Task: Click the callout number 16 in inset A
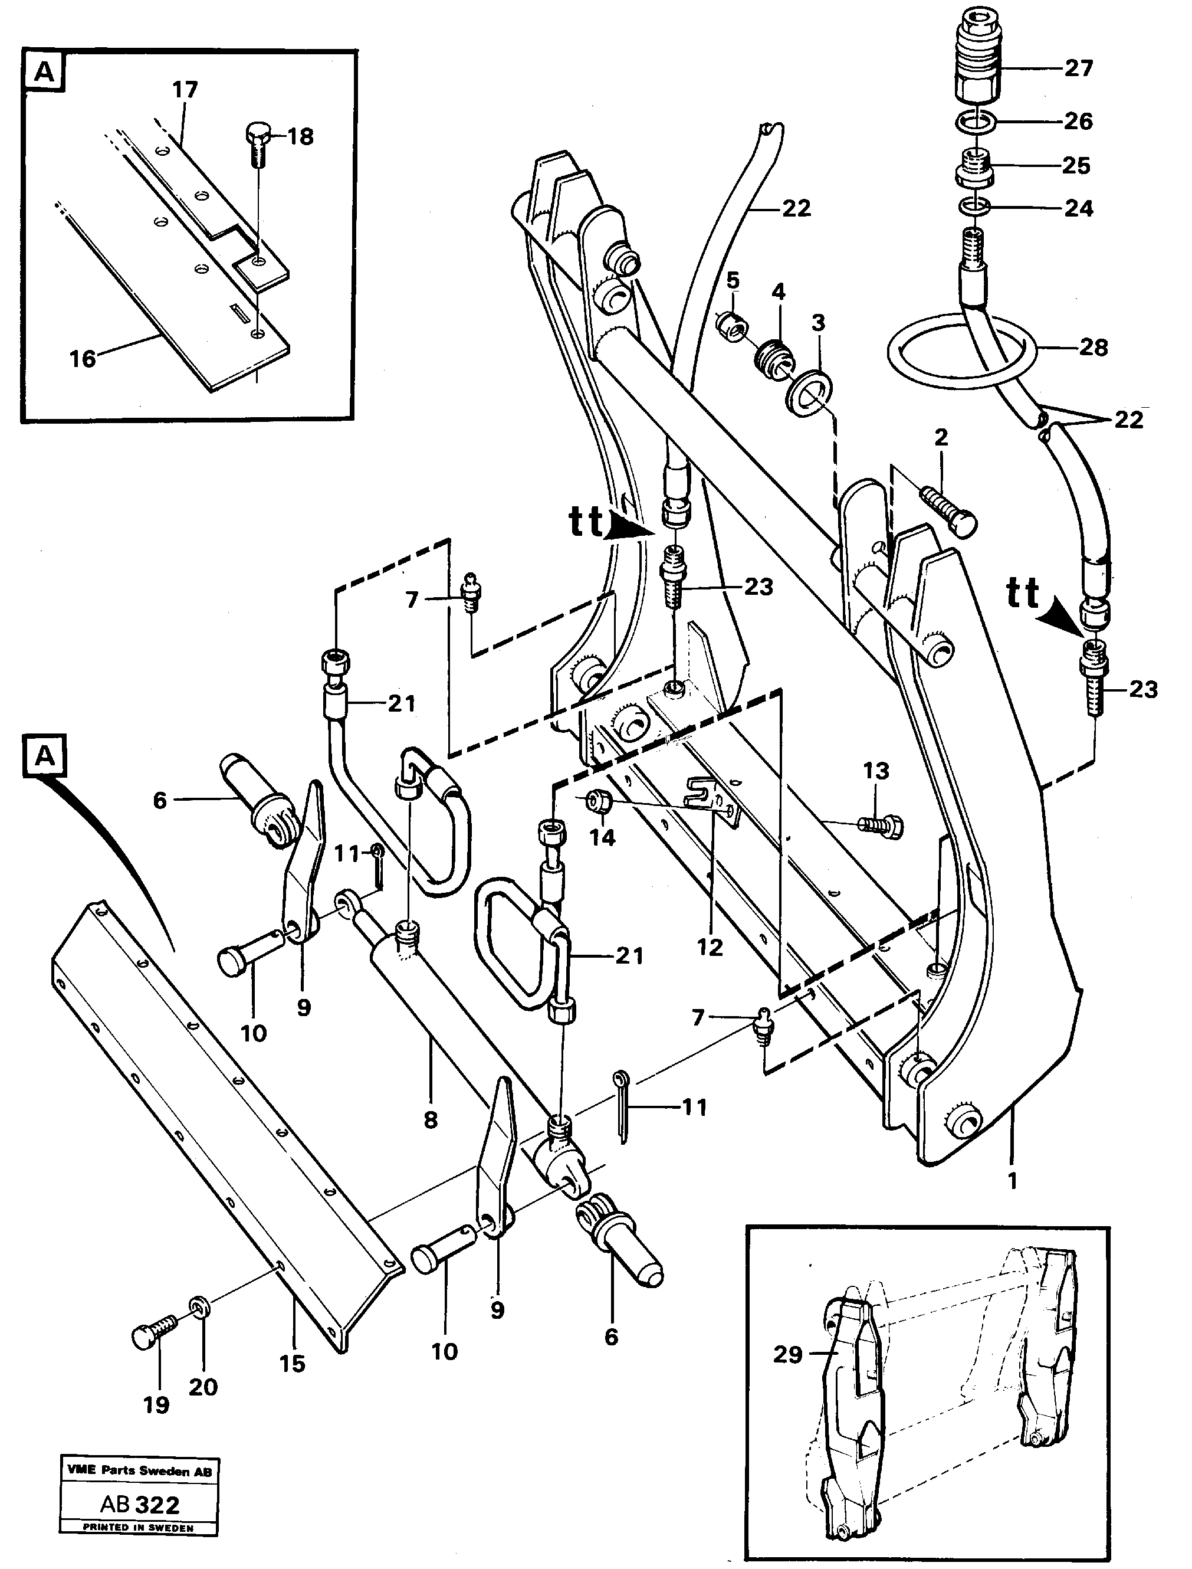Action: (83, 359)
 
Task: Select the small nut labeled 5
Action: (731, 328)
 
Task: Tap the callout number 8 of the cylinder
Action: (430, 1120)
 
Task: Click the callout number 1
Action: (1013, 1181)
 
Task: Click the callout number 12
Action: (710, 948)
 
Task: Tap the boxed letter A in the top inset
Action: (45, 73)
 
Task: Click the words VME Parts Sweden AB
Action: (139, 1472)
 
